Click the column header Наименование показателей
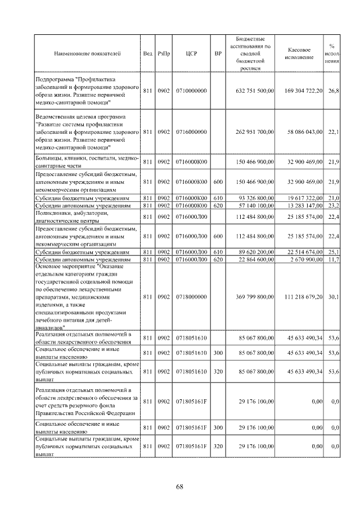pyautogui.click(x=87, y=54)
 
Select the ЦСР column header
pyautogui.click(x=190, y=54)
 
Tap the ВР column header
pyautogui.click(x=218, y=54)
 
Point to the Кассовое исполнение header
pyautogui.click(x=299, y=54)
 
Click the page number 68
pyautogui.click(x=180, y=487)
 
